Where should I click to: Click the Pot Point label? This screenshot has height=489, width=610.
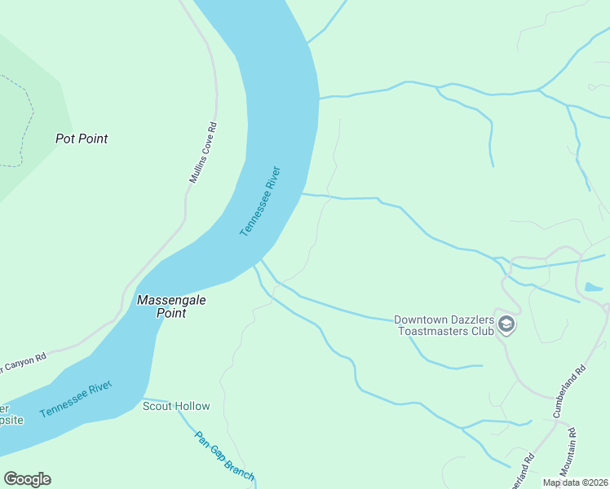[82, 139]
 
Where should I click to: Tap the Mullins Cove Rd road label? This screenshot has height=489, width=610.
[203, 152]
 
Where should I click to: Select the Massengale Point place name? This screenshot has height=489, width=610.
[171, 306]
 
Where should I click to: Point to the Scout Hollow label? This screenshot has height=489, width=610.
[176, 406]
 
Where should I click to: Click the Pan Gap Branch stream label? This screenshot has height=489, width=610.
[224, 456]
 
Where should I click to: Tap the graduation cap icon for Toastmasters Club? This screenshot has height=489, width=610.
[506, 325]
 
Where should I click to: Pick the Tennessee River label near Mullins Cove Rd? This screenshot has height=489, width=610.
[260, 201]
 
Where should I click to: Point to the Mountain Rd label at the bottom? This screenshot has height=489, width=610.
[568, 454]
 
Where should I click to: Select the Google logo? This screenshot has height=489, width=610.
[27, 479]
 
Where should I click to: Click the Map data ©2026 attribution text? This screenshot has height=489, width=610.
[575, 482]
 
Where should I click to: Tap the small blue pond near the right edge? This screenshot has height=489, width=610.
[593, 288]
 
